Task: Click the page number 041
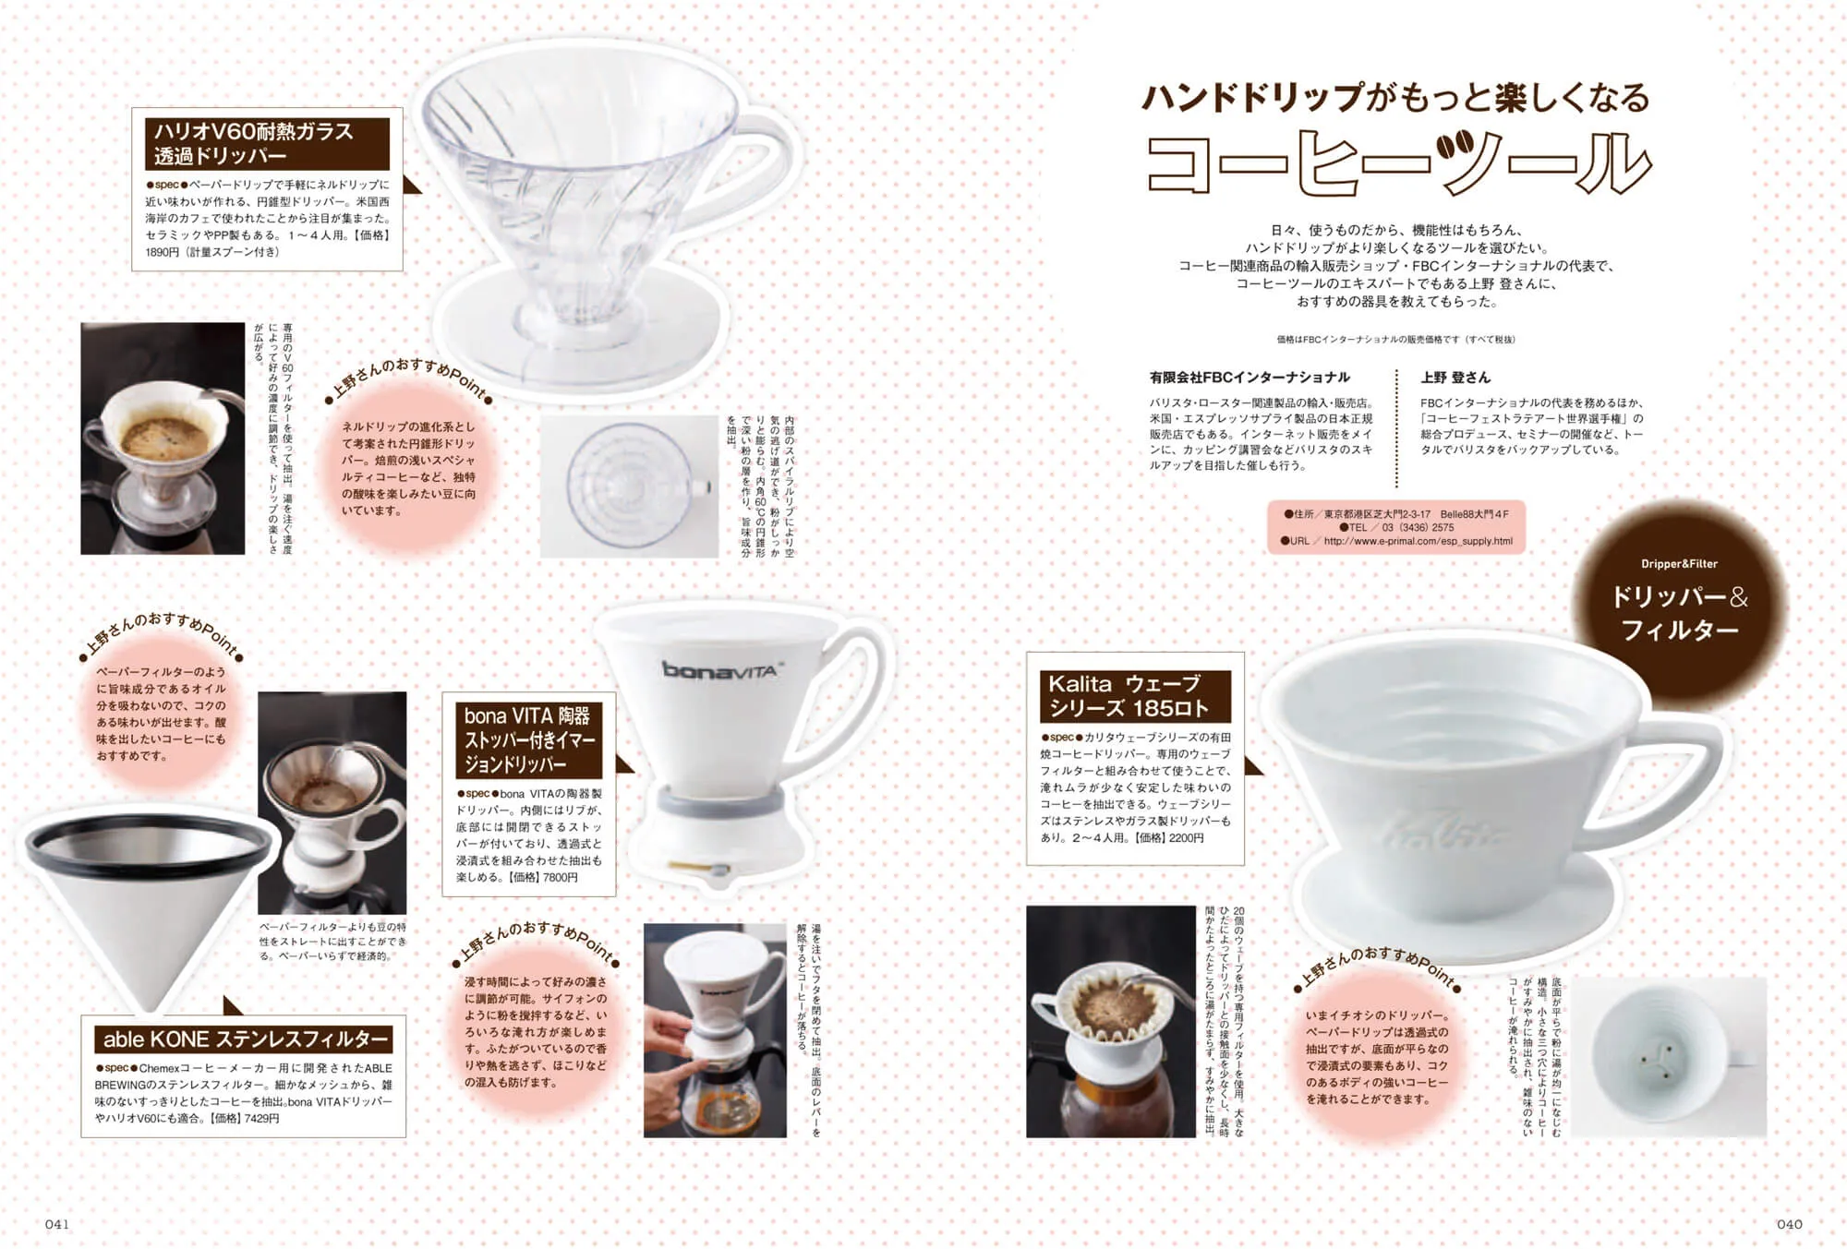(x=57, y=1224)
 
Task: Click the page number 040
(x=1789, y=1224)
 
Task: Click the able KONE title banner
(x=245, y=1039)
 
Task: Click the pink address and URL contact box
(x=1395, y=527)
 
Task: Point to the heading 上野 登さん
(x=1455, y=377)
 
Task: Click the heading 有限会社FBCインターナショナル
(x=1249, y=377)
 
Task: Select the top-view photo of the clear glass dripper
(x=629, y=486)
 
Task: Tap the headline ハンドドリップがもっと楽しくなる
(x=1395, y=97)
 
